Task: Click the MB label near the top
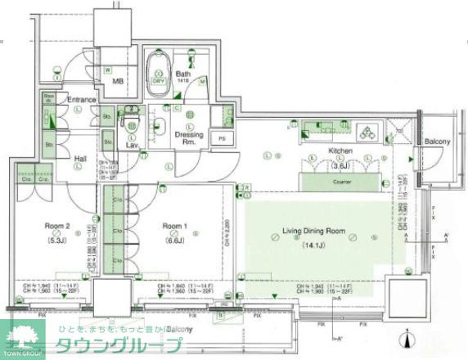click(107, 70)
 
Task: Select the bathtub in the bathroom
click(158, 66)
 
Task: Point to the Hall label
click(81, 159)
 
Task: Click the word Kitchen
click(340, 152)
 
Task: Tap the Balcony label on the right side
click(438, 142)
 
